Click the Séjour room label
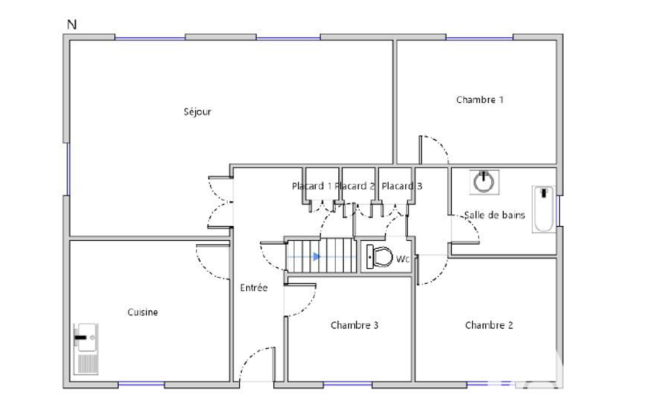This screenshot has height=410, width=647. coord(197,112)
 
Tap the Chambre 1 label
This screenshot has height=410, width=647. coord(480,100)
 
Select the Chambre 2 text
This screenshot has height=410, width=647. coord(489,325)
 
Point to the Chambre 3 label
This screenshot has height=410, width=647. coord(355,325)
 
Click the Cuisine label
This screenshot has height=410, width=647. coord(143,312)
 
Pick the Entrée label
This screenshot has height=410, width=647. coord(254,288)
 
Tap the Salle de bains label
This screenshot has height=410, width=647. coord(494,215)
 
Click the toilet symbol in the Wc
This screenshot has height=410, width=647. coord(379,257)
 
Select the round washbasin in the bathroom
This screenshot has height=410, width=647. coord(484,182)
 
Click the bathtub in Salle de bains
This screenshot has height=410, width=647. coord(544,209)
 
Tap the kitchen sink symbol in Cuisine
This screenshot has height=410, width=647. coord(86,349)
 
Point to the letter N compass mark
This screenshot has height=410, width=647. coord(72,25)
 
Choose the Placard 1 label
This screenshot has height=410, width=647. coord(312,187)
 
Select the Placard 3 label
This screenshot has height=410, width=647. coord(402,187)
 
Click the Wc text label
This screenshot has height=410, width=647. coord(403,259)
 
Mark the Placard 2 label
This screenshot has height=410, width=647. coord(355,187)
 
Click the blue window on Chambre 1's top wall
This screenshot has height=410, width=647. coord(480,38)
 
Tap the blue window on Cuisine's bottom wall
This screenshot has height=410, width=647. coord(141,384)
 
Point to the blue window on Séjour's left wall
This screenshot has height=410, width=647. coord(68,168)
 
